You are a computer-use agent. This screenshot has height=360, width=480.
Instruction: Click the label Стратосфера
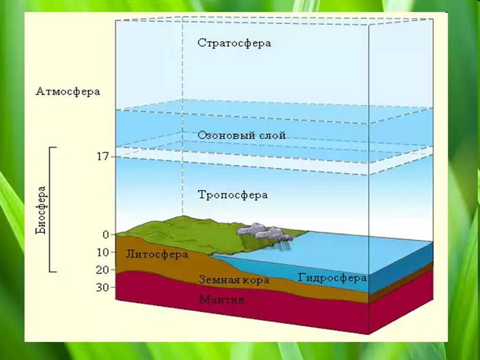tap(234, 43)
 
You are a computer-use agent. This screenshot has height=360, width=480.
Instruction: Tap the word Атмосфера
tap(68, 91)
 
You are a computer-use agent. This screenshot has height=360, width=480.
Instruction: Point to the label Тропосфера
tap(232, 195)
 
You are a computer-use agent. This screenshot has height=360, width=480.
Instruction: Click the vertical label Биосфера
tap(40, 210)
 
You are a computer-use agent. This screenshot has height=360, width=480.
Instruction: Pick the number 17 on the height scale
tap(102, 157)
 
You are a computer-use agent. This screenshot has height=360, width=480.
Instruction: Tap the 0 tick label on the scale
tap(106, 235)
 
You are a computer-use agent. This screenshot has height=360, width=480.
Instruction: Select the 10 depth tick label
tap(102, 252)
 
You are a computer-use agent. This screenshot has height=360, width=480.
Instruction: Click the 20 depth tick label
tap(102, 270)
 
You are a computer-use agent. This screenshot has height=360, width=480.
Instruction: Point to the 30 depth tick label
tap(102, 287)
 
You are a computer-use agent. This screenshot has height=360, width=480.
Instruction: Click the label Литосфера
tap(157, 255)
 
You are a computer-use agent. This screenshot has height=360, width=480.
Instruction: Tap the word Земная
tap(218, 280)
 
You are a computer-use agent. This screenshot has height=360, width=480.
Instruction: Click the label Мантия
tap(221, 299)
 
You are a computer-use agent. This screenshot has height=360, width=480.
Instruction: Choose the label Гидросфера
tap(332, 278)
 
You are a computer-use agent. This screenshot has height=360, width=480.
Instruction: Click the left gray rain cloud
tap(252, 229)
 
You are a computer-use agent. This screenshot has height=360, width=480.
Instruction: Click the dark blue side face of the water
tap(401, 268)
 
